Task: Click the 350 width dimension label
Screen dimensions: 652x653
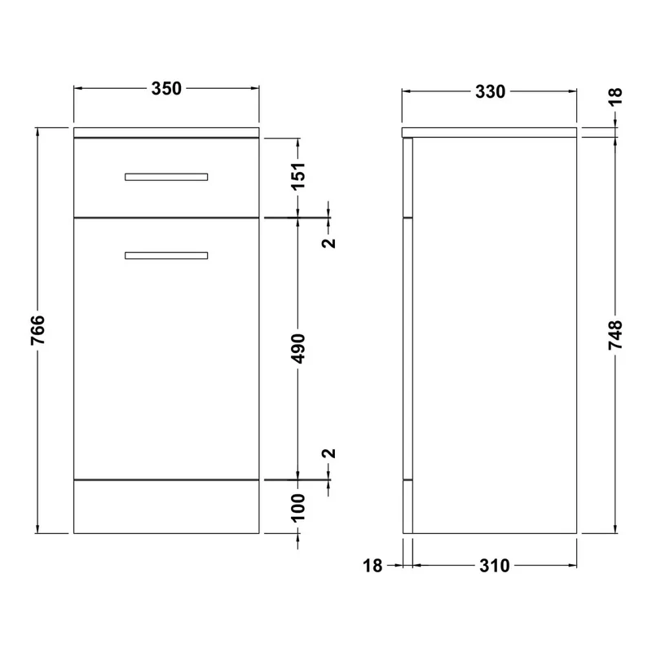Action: pyautogui.click(x=166, y=89)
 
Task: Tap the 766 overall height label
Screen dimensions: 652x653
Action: pyautogui.click(x=37, y=330)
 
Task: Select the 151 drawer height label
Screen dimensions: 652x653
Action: pyautogui.click(x=298, y=176)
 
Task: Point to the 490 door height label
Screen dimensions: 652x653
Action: pyautogui.click(x=298, y=348)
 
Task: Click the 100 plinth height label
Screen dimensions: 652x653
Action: pyautogui.click(x=298, y=508)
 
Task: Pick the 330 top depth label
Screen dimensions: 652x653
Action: pyautogui.click(x=490, y=91)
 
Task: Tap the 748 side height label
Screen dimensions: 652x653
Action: pyautogui.click(x=615, y=334)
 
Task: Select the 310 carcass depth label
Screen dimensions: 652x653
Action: pyautogui.click(x=494, y=566)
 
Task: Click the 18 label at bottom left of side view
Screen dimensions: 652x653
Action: pyautogui.click(x=372, y=566)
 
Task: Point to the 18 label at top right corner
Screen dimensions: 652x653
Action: pyautogui.click(x=615, y=95)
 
